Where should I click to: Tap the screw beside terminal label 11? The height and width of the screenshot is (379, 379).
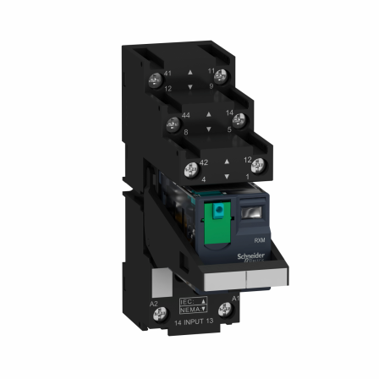point(237,83)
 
